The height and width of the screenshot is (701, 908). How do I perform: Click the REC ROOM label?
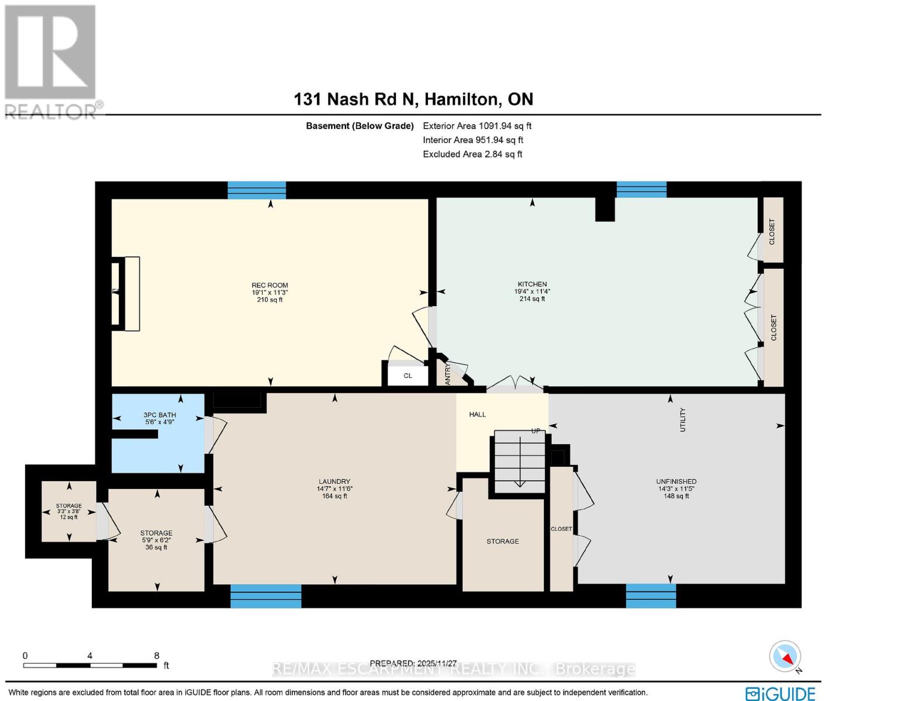pos(270,286)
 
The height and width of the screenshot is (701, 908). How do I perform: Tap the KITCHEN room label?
pos(531,284)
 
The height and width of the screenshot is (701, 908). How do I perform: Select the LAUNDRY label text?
pos(334,482)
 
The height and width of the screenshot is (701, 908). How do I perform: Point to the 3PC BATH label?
pos(160,415)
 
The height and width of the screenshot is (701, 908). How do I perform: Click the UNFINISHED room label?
pos(676,482)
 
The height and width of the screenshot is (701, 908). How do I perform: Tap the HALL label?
pos(477,415)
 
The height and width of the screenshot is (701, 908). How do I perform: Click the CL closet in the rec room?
pos(408,376)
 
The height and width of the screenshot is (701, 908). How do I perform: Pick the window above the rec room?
pos(257,190)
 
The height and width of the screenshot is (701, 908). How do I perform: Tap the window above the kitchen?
pos(641,190)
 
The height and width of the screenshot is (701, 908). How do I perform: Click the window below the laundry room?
pos(265,596)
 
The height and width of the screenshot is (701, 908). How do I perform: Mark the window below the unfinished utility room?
pos(651,596)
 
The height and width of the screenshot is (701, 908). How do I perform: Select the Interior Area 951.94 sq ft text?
pos(473,140)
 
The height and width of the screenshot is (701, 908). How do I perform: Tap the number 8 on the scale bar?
pos(157,655)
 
